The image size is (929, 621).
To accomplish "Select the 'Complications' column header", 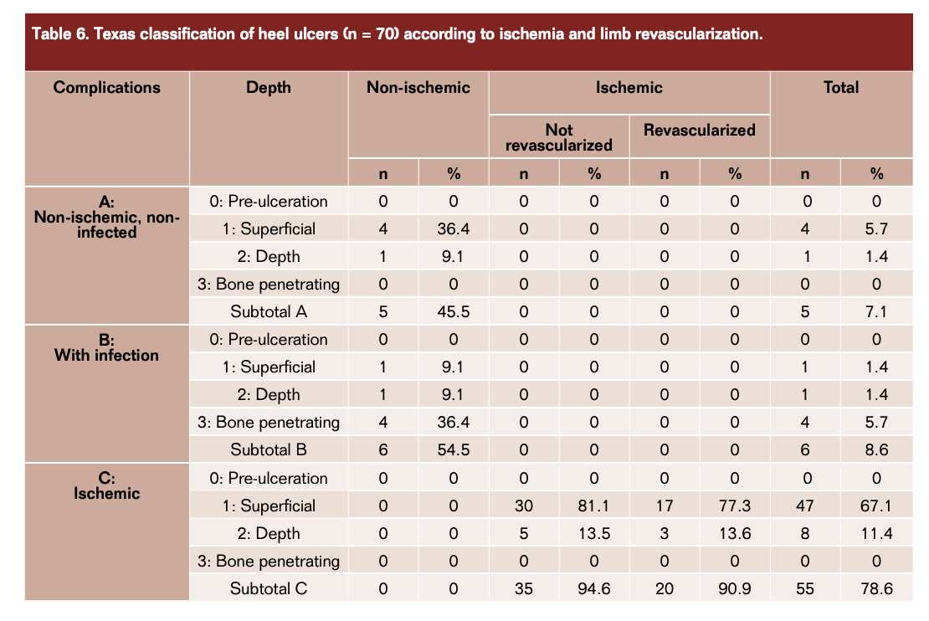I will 106,87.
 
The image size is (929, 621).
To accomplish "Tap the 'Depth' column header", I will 269,87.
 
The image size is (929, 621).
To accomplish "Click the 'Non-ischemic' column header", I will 418,87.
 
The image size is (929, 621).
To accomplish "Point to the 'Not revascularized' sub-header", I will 559,137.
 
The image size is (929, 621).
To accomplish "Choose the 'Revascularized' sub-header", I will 700,130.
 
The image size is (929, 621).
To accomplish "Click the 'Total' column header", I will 840,87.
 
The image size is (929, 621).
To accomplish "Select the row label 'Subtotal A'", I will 269,312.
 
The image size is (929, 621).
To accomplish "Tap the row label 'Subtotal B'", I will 269,450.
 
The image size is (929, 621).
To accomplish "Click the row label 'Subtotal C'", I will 269,588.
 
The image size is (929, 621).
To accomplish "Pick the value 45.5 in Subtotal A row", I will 454,312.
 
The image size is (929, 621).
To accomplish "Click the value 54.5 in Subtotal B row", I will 454,450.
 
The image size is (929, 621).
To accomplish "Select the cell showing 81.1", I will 594,506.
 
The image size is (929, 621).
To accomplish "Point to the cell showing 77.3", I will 735,506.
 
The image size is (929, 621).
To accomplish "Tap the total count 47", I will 805,506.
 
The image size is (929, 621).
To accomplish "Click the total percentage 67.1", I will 875,506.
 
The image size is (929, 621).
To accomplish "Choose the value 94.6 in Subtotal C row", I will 594,588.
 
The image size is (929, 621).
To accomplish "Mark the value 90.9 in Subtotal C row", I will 735,588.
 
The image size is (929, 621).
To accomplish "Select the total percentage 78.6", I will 875,588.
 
